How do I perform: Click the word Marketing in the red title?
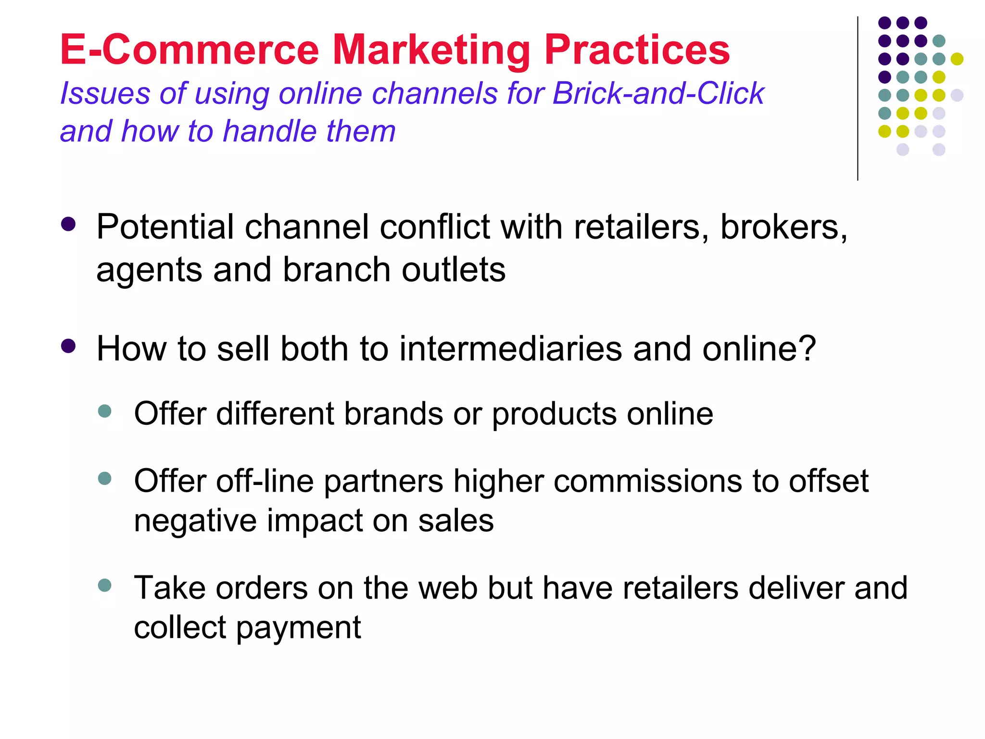[x=431, y=51]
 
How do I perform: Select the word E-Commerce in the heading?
[x=189, y=50]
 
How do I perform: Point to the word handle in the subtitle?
[x=270, y=131]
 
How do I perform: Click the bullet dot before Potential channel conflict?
[x=69, y=224]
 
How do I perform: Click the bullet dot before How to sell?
[x=69, y=346]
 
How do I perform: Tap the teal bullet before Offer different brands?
[x=104, y=411]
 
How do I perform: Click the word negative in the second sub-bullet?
[x=195, y=521]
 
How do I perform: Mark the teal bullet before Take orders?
[x=104, y=586]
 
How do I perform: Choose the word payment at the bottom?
[x=298, y=628]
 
